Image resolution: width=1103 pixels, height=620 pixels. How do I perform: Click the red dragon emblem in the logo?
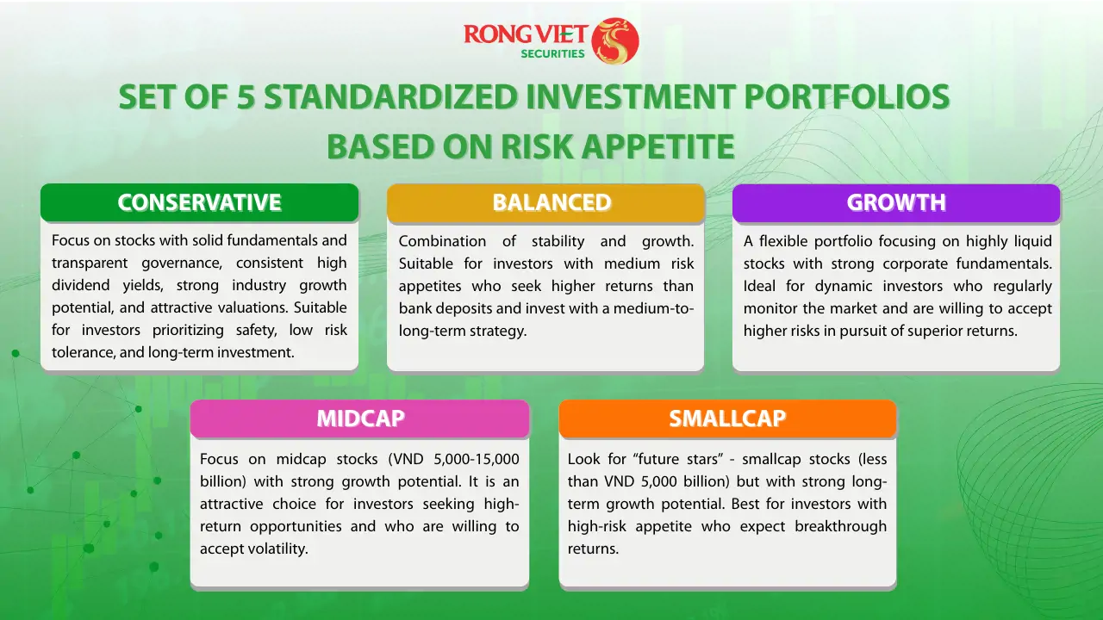(x=615, y=40)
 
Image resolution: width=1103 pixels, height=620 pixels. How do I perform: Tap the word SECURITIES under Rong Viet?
(x=552, y=53)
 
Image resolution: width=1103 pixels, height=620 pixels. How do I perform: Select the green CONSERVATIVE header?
(x=199, y=202)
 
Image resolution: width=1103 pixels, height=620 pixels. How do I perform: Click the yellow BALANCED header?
(x=545, y=202)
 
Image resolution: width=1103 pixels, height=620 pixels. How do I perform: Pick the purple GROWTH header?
(x=896, y=202)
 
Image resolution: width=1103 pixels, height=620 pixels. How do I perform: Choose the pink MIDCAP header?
(x=360, y=418)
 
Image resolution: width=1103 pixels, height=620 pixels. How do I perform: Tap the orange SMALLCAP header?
(x=727, y=418)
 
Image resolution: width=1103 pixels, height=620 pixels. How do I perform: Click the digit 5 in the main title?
(x=246, y=96)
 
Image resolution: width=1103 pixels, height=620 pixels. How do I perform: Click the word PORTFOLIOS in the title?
(x=847, y=96)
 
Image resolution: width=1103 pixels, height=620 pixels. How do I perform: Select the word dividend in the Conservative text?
(x=81, y=285)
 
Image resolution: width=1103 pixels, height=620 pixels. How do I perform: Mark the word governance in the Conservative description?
(x=182, y=263)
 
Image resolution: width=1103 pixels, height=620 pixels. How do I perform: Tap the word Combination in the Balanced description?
(x=442, y=241)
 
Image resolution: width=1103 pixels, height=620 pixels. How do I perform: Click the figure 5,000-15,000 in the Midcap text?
(x=477, y=459)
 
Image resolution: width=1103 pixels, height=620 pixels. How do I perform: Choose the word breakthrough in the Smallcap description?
(x=840, y=526)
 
